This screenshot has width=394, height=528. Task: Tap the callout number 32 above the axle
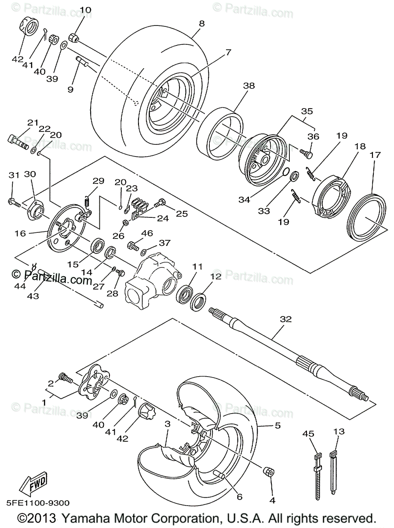point(286,319)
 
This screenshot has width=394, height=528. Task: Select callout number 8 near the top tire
point(201,25)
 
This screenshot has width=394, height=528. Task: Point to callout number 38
point(249,87)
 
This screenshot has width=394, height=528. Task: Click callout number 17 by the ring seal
point(375,155)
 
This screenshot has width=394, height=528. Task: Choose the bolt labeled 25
point(159,203)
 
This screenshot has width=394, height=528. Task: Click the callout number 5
point(277,425)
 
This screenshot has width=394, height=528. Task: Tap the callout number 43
point(33,296)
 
